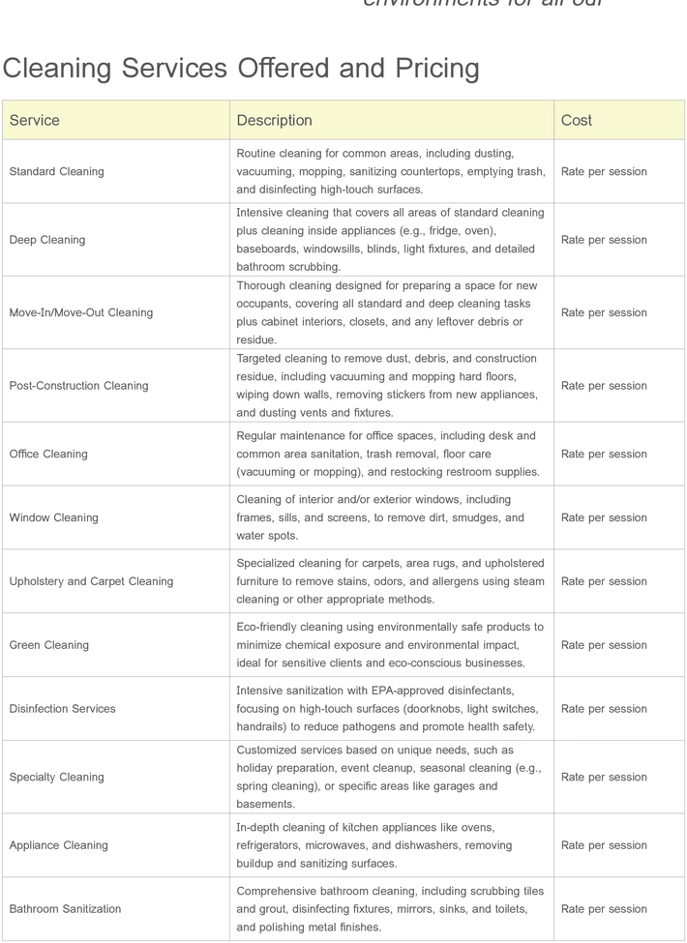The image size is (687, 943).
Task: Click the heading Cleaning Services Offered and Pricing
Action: (x=241, y=69)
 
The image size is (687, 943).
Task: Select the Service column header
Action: (x=35, y=121)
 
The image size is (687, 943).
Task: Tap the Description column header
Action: (x=275, y=121)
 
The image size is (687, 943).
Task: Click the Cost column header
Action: (x=577, y=121)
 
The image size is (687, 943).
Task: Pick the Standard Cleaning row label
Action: (x=56, y=172)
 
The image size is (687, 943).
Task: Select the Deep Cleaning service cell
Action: (x=47, y=240)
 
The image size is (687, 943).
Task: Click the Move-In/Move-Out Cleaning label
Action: (x=81, y=313)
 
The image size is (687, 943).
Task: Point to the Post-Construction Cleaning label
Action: (x=79, y=386)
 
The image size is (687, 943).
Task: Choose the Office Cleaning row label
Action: (x=48, y=455)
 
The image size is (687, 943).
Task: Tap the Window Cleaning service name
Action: (x=54, y=518)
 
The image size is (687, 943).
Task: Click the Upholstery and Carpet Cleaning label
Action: (x=92, y=582)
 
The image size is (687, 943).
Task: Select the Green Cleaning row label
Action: (x=49, y=646)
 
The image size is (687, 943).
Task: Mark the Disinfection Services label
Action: (x=63, y=709)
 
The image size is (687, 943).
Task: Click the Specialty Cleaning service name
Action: (x=57, y=778)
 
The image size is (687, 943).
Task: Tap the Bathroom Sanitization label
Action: (x=66, y=909)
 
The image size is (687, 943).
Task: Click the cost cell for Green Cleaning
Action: (x=604, y=646)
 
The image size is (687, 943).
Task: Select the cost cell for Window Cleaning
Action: (x=604, y=518)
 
